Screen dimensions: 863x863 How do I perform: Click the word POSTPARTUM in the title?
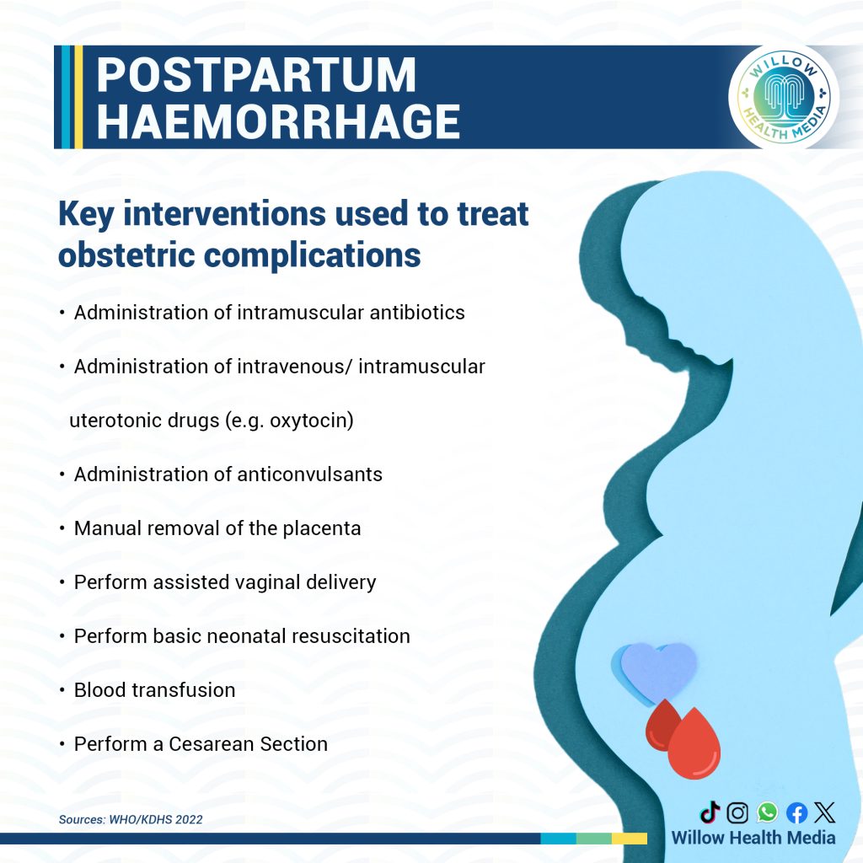(256, 75)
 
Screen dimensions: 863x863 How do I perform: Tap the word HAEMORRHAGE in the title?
(278, 121)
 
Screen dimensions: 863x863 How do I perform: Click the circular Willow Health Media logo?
(784, 97)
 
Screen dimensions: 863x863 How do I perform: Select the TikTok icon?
(710, 812)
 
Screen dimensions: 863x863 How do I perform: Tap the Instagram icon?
(737, 812)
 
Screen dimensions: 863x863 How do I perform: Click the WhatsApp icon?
(767, 812)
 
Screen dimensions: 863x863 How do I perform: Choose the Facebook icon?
(796, 812)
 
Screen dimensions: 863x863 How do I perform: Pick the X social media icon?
(824, 812)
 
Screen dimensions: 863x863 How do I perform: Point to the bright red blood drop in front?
(694, 744)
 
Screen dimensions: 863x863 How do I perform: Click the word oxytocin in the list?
(311, 421)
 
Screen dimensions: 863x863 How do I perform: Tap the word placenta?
(321, 528)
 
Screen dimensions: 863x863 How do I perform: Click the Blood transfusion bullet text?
(155, 690)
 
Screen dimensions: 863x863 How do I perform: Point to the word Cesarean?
(212, 744)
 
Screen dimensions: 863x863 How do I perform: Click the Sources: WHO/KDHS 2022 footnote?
(131, 819)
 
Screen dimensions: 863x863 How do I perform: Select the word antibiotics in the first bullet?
(416, 313)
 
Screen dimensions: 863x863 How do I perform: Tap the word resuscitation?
(351, 636)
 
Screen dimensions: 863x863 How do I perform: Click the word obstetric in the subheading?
(126, 255)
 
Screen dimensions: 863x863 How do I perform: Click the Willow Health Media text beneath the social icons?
(753, 838)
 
